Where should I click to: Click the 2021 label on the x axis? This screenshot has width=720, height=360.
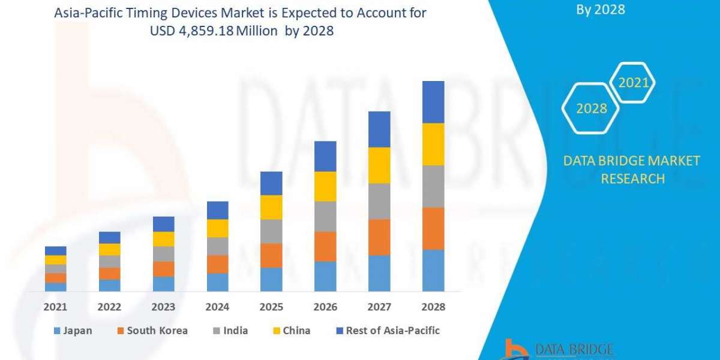pyautogui.click(x=56, y=307)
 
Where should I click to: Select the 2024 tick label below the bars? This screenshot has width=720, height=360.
pyautogui.click(x=218, y=307)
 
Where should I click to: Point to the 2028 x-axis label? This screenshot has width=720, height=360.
pyautogui.click(x=433, y=307)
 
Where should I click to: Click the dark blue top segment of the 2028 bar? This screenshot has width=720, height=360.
pyautogui.click(x=433, y=102)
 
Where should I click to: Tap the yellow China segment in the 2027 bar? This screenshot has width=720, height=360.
pyautogui.click(x=379, y=165)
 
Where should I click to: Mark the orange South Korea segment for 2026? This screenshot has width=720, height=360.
pyautogui.click(x=325, y=247)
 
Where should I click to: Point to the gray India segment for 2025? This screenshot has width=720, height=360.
pyautogui.click(x=271, y=231)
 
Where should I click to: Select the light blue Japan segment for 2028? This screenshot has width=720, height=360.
pyautogui.click(x=433, y=270)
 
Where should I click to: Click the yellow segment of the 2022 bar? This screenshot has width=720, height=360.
pyautogui.click(x=110, y=249)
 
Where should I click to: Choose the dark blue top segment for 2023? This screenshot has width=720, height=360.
pyautogui.click(x=164, y=224)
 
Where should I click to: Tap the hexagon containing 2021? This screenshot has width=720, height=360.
pyautogui.click(x=632, y=82)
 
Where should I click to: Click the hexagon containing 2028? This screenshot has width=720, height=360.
pyautogui.click(x=590, y=109)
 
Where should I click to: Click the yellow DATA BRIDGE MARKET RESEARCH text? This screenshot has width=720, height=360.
pyautogui.click(x=632, y=169)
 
